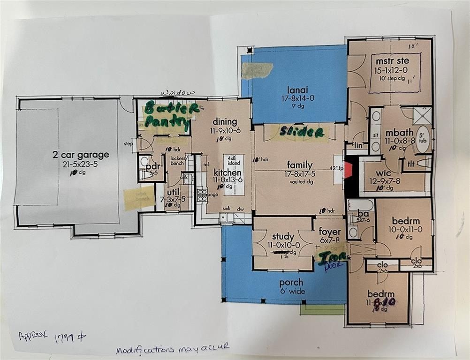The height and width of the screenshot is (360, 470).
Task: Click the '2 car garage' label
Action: click(81, 155)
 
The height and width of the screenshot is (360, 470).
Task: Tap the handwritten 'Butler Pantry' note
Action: click(167, 114)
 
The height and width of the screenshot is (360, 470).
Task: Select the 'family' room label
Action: click(300, 165)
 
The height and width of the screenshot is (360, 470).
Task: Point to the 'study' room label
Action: click(283, 236)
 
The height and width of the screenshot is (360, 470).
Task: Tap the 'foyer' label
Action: click(330, 232)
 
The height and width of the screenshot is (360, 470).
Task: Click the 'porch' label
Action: click(291, 283)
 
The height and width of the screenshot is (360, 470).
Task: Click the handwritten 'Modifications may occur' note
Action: click(173, 348)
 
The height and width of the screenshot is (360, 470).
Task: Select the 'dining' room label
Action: click(220, 122)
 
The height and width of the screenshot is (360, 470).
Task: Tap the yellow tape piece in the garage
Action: click(139, 196)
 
